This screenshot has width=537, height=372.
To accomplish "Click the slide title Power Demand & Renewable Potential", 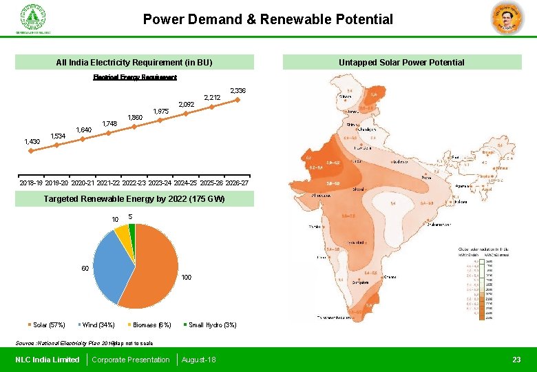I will [x=268, y=19].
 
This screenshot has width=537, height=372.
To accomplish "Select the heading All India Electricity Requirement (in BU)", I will [x=134, y=63].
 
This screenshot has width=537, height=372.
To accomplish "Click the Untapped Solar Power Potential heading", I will [x=401, y=63].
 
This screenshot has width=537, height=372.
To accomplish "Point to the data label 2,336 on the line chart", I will [x=238, y=91].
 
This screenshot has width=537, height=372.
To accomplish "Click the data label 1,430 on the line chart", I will [x=32, y=142].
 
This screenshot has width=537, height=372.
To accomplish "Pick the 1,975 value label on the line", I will [x=160, y=111].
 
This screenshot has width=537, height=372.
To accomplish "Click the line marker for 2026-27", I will [x=238, y=101].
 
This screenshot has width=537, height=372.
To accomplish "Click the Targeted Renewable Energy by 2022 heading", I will [x=134, y=199].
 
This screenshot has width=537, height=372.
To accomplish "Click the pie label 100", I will [x=186, y=278].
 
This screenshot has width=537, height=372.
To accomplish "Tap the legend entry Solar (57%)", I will [x=47, y=325].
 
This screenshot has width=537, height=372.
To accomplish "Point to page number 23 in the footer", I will [x=516, y=360].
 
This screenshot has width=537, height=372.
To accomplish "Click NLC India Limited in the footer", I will [x=47, y=360].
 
